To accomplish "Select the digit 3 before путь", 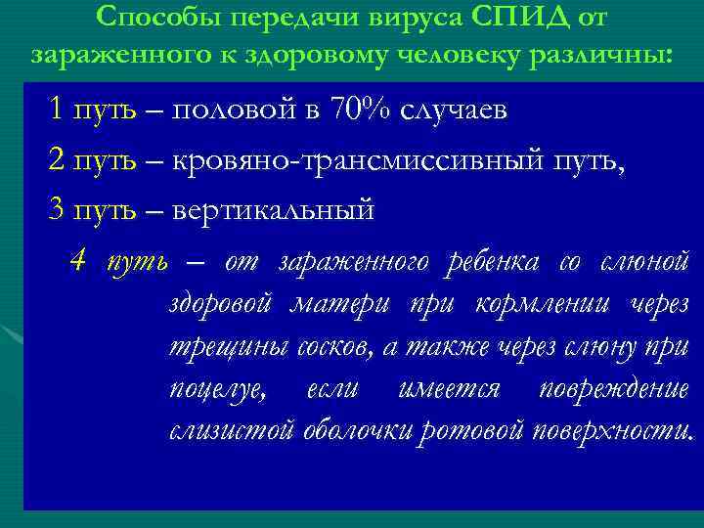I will (x=56, y=208).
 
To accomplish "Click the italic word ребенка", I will (x=492, y=261).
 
